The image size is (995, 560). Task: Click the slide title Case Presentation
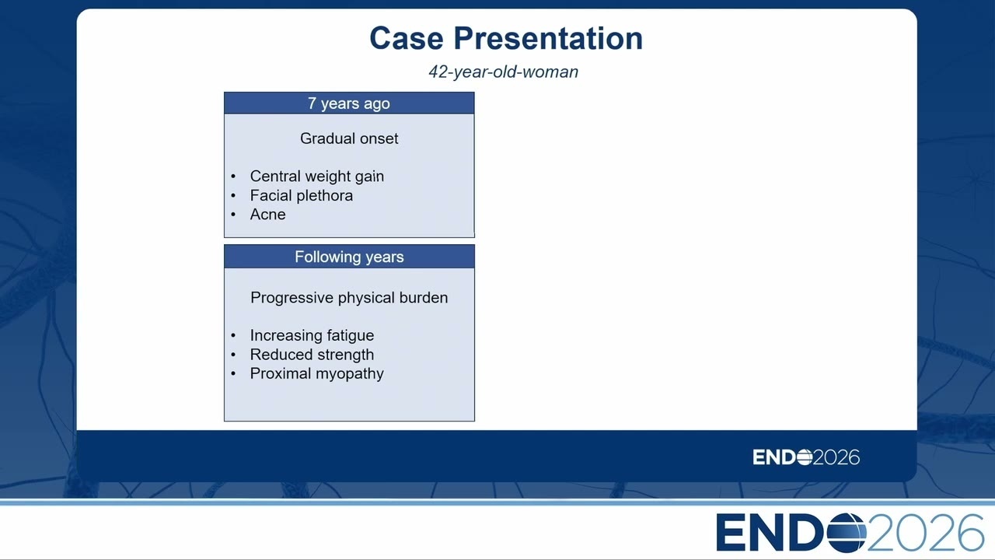pyautogui.click(x=506, y=38)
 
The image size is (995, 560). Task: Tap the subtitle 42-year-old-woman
pyautogui.click(x=503, y=72)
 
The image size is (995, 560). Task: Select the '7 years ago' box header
pyautogui.click(x=349, y=103)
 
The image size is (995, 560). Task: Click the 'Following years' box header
pyautogui.click(x=349, y=257)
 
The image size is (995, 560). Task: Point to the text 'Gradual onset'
pyautogui.click(x=349, y=138)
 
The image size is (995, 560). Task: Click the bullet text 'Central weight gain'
pyautogui.click(x=316, y=177)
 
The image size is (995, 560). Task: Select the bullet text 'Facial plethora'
pyautogui.click(x=301, y=195)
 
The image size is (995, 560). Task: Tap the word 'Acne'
pyautogui.click(x=267, y=214)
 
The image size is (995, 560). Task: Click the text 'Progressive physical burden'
pyautogui.click(x=349, y=298)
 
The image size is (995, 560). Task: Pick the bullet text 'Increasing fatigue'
pyautogui.click(x=312, y=335)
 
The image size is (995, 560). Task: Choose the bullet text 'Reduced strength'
pyautogui.click(x=312, y=355)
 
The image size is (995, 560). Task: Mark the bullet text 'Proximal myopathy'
pyautogui.click(x=316, y=374)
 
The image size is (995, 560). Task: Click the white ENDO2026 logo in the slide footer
pyautogui.click(x=806, y=457)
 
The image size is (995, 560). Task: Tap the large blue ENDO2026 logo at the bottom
pyautogui.click(x=850, y=533)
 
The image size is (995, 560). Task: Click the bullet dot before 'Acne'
pyautogui.click(x=234, y=215)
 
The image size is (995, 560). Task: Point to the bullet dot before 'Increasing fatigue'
pyautogui.click(x=234, y=335)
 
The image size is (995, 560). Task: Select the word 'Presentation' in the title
pyautogui.click(x=548, y=38)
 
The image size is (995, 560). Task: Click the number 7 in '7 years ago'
pyautogui.click(x=312, y=103)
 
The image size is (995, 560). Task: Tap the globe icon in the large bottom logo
pyautogui.click(x=847, y=533)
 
